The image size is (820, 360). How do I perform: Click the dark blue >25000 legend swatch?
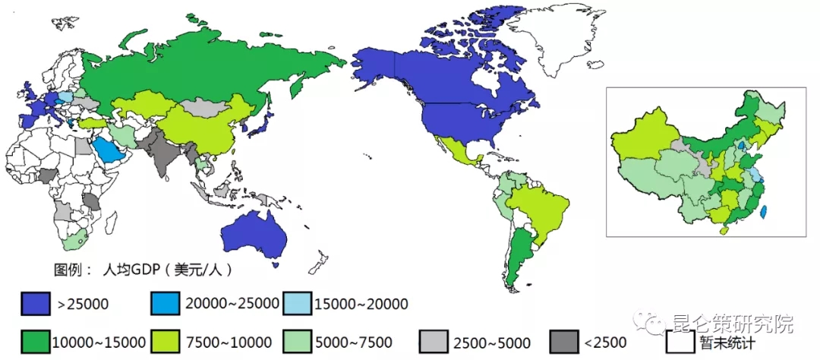36,304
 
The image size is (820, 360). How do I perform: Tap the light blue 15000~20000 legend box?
298,304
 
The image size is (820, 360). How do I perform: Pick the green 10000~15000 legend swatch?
36,343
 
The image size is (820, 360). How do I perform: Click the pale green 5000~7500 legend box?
298,343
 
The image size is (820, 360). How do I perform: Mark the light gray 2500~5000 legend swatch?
434,343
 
